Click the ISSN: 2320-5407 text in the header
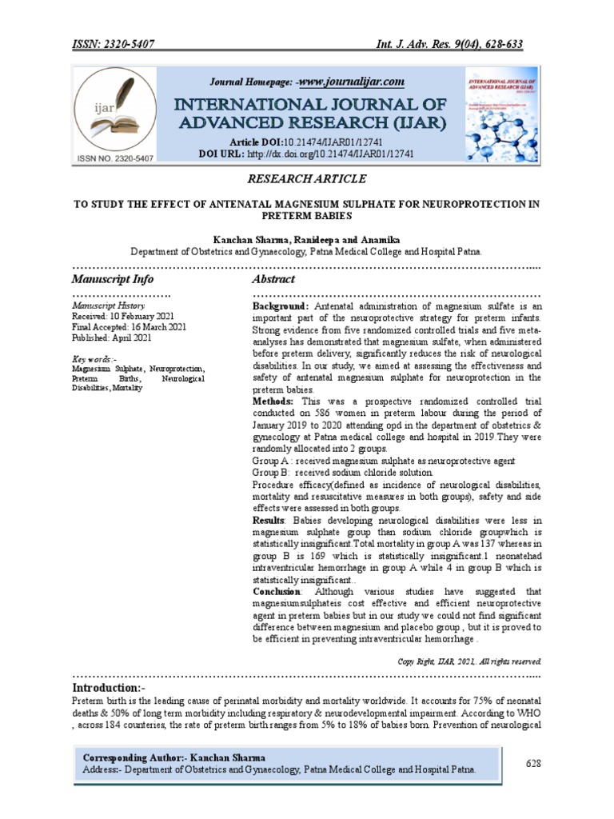coord(118,45)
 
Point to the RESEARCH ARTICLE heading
coord(307,178)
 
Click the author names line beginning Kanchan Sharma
coord(307,239)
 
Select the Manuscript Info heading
coord(113,280)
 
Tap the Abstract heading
coord(273,280)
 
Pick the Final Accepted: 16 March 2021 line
coord(130,327)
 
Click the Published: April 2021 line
coord(112,338)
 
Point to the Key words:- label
coord(94,359)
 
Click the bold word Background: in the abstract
coord(281,306)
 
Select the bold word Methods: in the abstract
coord(273,400)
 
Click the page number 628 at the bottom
coord(533,763)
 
